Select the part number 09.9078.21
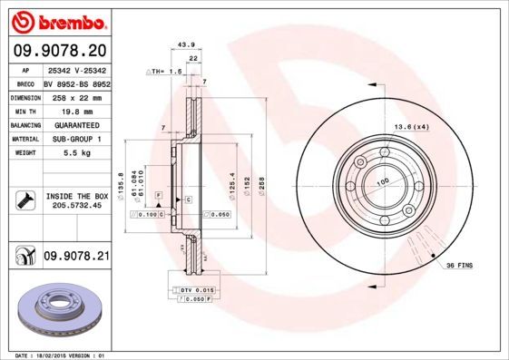pyautogui.click(x=76, y=258)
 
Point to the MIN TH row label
pyautogui.click(x=23, y=112)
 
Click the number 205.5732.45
pyautogui.click(x=76, y=206)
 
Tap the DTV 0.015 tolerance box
pyautogui.click(x=190, y=288)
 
